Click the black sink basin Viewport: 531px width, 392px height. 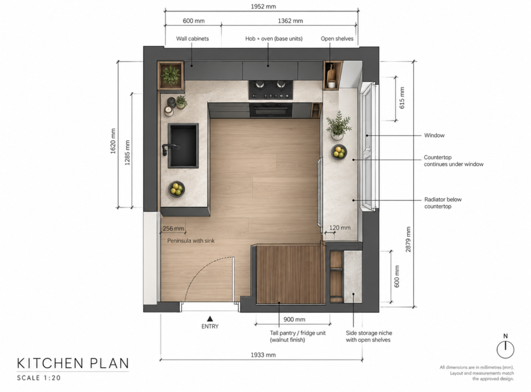[183, 145]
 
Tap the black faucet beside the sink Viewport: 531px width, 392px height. [170, 149]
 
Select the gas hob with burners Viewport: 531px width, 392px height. [271, 89]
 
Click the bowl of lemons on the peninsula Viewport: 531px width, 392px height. [177, 189]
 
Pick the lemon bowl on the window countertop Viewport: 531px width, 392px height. [339, 152]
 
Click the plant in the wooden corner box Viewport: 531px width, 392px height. [171, 75]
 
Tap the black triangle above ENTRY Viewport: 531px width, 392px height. [210, 319]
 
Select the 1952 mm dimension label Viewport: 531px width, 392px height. [263, 6]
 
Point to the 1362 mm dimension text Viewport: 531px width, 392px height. [290, 21]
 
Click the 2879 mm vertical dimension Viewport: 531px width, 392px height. [409, 239]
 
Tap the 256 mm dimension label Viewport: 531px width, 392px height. [173, 228]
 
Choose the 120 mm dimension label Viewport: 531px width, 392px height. [339, 228]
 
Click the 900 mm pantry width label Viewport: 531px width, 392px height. [294, 319]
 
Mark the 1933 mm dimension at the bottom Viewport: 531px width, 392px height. [263, 355]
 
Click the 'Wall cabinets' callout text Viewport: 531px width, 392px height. [192, 39]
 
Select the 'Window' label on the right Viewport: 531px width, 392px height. [434, 135]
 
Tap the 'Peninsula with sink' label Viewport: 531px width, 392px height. [191, 241]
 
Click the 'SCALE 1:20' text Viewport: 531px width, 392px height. [39, 378]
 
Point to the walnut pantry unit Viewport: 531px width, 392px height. [290, 274]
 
